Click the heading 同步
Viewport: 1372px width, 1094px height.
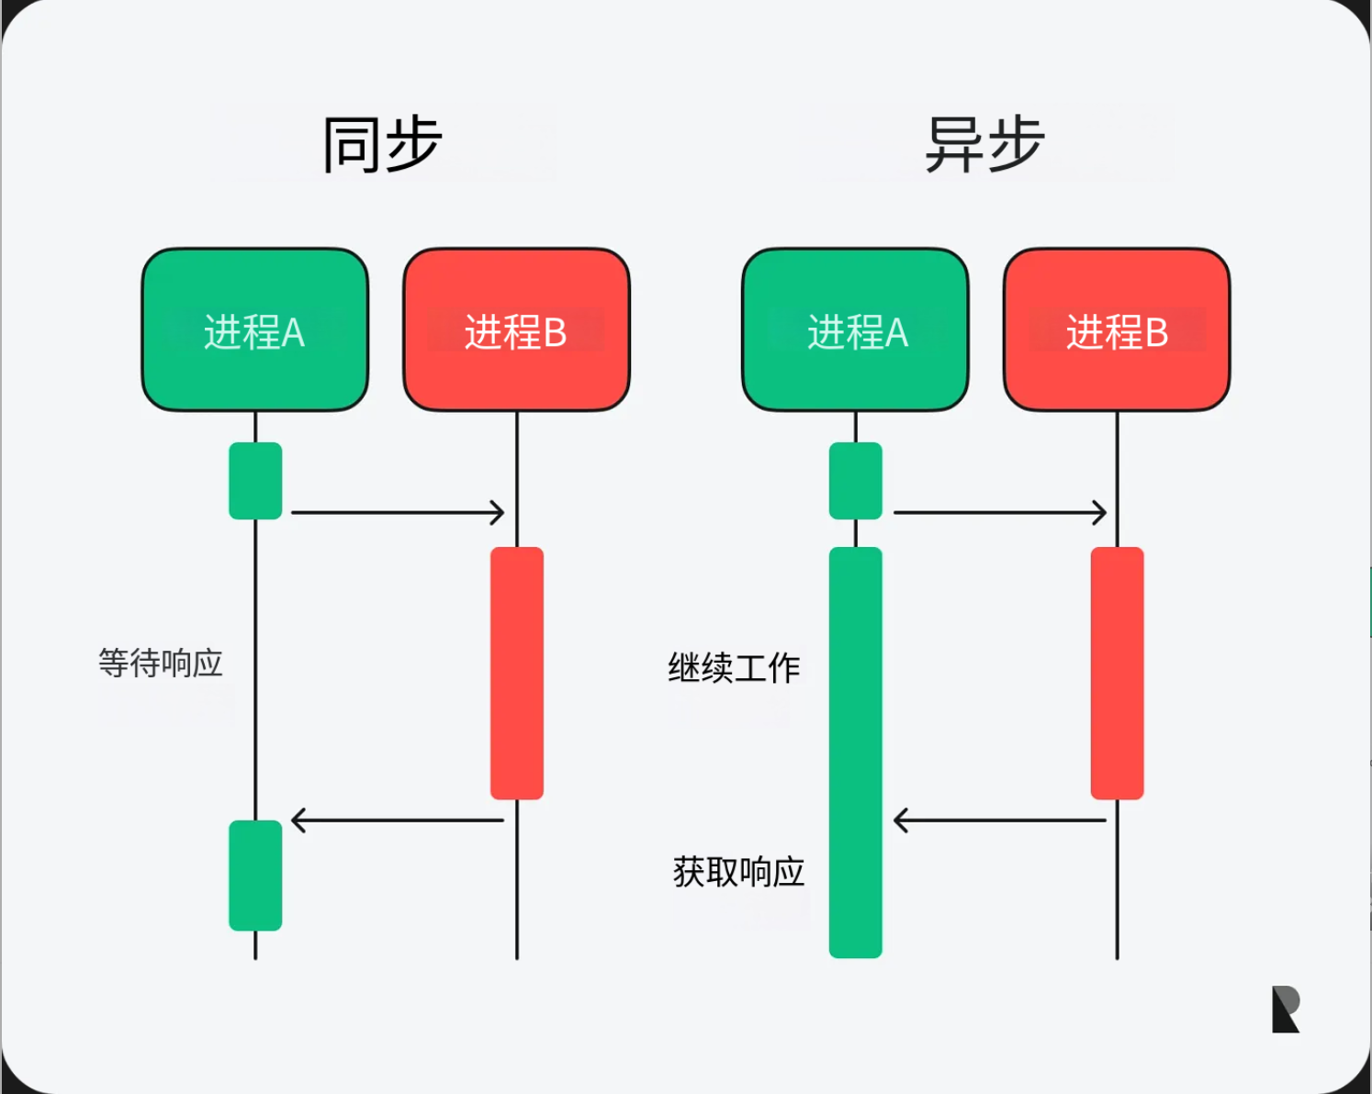click(x=382, y=145)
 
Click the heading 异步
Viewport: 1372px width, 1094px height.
click(x=984, y=145)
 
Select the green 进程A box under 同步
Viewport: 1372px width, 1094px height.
click(x=254, y=330)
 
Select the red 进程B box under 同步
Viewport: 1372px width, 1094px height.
click(x=516, y=330)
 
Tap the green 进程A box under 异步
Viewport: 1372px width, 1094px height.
click(x=855, y=330)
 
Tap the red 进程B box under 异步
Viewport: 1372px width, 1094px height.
click(x=1117, y=330)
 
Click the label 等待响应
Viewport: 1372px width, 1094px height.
click(x=161, y=663)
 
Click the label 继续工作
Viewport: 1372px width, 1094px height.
click(x=734, y=667)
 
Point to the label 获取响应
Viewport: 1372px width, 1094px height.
click(x=738, y=872)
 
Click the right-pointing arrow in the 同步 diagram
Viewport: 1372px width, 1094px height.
click(x=398, y=512)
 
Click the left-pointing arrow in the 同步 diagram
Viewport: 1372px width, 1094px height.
click(x=398, y=820)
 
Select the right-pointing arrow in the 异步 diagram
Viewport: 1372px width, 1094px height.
click(x=999, y=512)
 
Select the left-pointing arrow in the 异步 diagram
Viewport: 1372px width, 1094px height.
click(x=999, y=820)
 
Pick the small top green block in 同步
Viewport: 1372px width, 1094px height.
click(x=255, y=481)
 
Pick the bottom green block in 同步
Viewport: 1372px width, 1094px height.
click(x=255, y=876)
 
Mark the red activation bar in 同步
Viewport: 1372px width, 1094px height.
click(x=517, y=673)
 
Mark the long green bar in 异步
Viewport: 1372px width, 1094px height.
click(x=855, y=753)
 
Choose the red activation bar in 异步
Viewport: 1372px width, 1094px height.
click(x=1117, y=673)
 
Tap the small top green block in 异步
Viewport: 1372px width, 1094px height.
click(x=855, y=481)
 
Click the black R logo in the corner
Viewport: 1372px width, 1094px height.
click(x=1285, y=1010)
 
